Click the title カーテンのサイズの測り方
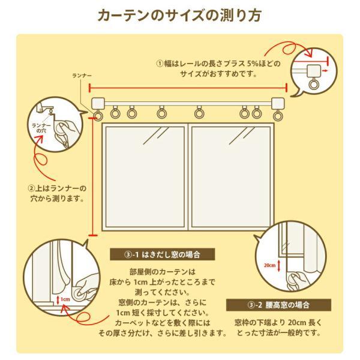180,15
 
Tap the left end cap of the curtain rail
97,102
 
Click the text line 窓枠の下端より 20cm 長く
280,322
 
